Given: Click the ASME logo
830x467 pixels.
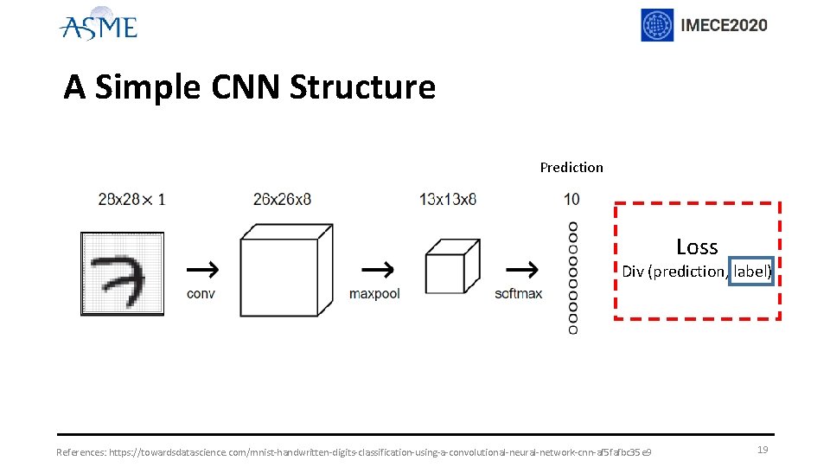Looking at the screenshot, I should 98,25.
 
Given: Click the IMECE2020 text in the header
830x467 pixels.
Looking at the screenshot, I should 724,25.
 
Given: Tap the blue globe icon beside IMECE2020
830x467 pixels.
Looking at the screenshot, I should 657,25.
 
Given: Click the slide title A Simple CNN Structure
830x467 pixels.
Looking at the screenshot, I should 249,87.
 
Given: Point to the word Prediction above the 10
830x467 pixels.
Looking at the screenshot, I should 571,167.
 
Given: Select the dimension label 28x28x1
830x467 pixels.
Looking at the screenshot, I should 131,199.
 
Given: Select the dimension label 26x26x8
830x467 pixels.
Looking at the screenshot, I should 282,199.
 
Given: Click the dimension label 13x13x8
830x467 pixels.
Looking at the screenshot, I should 448,199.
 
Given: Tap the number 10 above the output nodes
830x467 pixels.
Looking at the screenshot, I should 571,199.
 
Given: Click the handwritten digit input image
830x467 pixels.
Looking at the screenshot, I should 122,274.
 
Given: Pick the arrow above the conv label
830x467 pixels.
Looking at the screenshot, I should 201,269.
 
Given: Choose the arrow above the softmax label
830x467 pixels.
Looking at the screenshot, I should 519,269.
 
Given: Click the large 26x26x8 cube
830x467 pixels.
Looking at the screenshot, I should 284,274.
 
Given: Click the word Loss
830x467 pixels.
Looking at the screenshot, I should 697,246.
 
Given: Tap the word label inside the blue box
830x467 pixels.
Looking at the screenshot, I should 750,272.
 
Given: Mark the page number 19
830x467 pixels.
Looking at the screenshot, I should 763,450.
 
